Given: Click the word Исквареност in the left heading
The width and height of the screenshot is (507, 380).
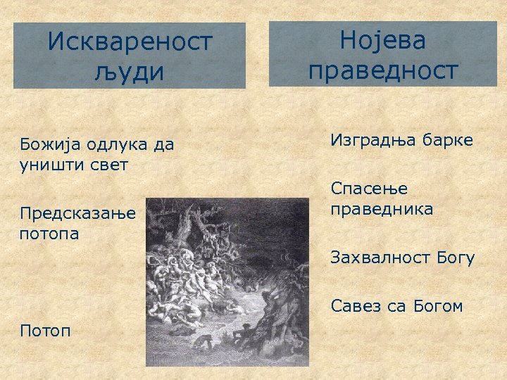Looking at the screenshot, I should tap(130, 42).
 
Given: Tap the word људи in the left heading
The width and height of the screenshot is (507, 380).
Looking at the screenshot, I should tap(130, 72).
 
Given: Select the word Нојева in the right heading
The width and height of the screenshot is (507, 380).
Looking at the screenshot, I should tap(383, 40).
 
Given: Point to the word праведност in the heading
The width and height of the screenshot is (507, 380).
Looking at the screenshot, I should tap(383, 70).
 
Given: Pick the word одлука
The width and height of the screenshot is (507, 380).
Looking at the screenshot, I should tap(117, 146).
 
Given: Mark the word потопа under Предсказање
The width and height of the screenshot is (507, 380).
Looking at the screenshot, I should tap(50, 233).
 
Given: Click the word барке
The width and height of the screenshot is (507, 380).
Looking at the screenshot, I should tap(448, 140).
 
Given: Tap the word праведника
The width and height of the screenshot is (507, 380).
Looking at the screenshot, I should tap(382, 210).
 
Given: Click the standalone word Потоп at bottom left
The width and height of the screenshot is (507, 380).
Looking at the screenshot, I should tap(46, 330).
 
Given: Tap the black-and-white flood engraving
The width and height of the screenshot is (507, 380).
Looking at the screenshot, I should tap(227, 281).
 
